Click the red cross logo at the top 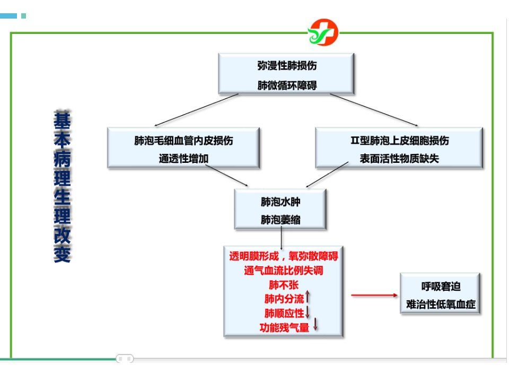tap(323, 32)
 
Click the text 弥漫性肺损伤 tap(287, 66)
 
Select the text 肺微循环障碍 tap(287, 85)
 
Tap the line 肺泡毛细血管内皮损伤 tap(183, 140)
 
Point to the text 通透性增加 tap(183, 159)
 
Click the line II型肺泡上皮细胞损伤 tap(400, 140)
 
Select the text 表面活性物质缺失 tap(399, 159)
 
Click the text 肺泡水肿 tap(280, 202)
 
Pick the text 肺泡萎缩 tap(280, 220)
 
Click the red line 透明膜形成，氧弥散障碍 tap(284, 256)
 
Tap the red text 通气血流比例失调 tap(284, 271)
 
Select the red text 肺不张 tap(284, 285)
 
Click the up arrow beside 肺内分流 tap(308, 297)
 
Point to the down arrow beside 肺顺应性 tap(308, 312)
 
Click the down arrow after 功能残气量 tap(315, 325)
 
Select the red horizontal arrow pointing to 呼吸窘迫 tap(375, 296)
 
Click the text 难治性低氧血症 tap(441, 305)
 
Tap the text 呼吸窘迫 tap(441, 286)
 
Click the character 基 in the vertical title tap(62, 120)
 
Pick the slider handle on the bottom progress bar tap(125, 359)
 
